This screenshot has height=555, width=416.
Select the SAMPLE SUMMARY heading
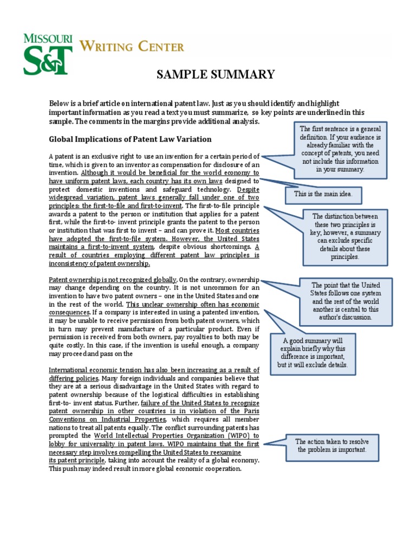(x=216, y=75)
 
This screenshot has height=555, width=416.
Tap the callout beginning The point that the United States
(x=345, y=301)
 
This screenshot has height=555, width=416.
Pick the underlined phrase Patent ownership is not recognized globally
(x=113, y=280)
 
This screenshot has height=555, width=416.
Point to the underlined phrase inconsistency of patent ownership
(x=99, y=263)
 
